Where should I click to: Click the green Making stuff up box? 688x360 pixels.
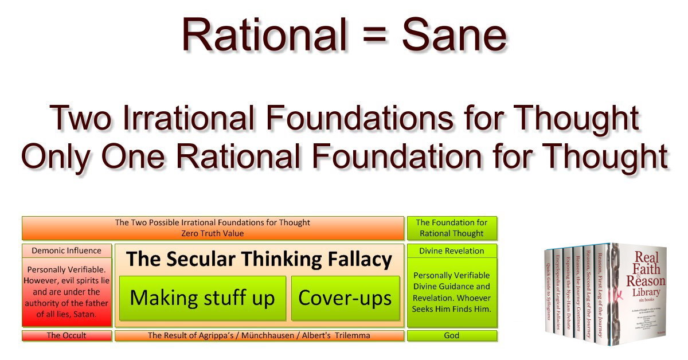(202, 298)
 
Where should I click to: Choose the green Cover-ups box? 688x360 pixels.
(345, 298)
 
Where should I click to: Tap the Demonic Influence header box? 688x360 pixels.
(67, 251)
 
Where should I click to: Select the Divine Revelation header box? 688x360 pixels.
(452, 251)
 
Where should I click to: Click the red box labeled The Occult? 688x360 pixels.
(67, 336)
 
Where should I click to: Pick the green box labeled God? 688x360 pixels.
(452, 336)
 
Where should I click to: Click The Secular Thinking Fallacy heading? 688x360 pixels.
(259, 260)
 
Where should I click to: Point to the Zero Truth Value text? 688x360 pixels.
(213, 233)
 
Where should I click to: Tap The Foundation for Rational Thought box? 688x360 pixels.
(452, 228)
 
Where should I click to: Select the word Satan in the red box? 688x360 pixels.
(80, 315)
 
